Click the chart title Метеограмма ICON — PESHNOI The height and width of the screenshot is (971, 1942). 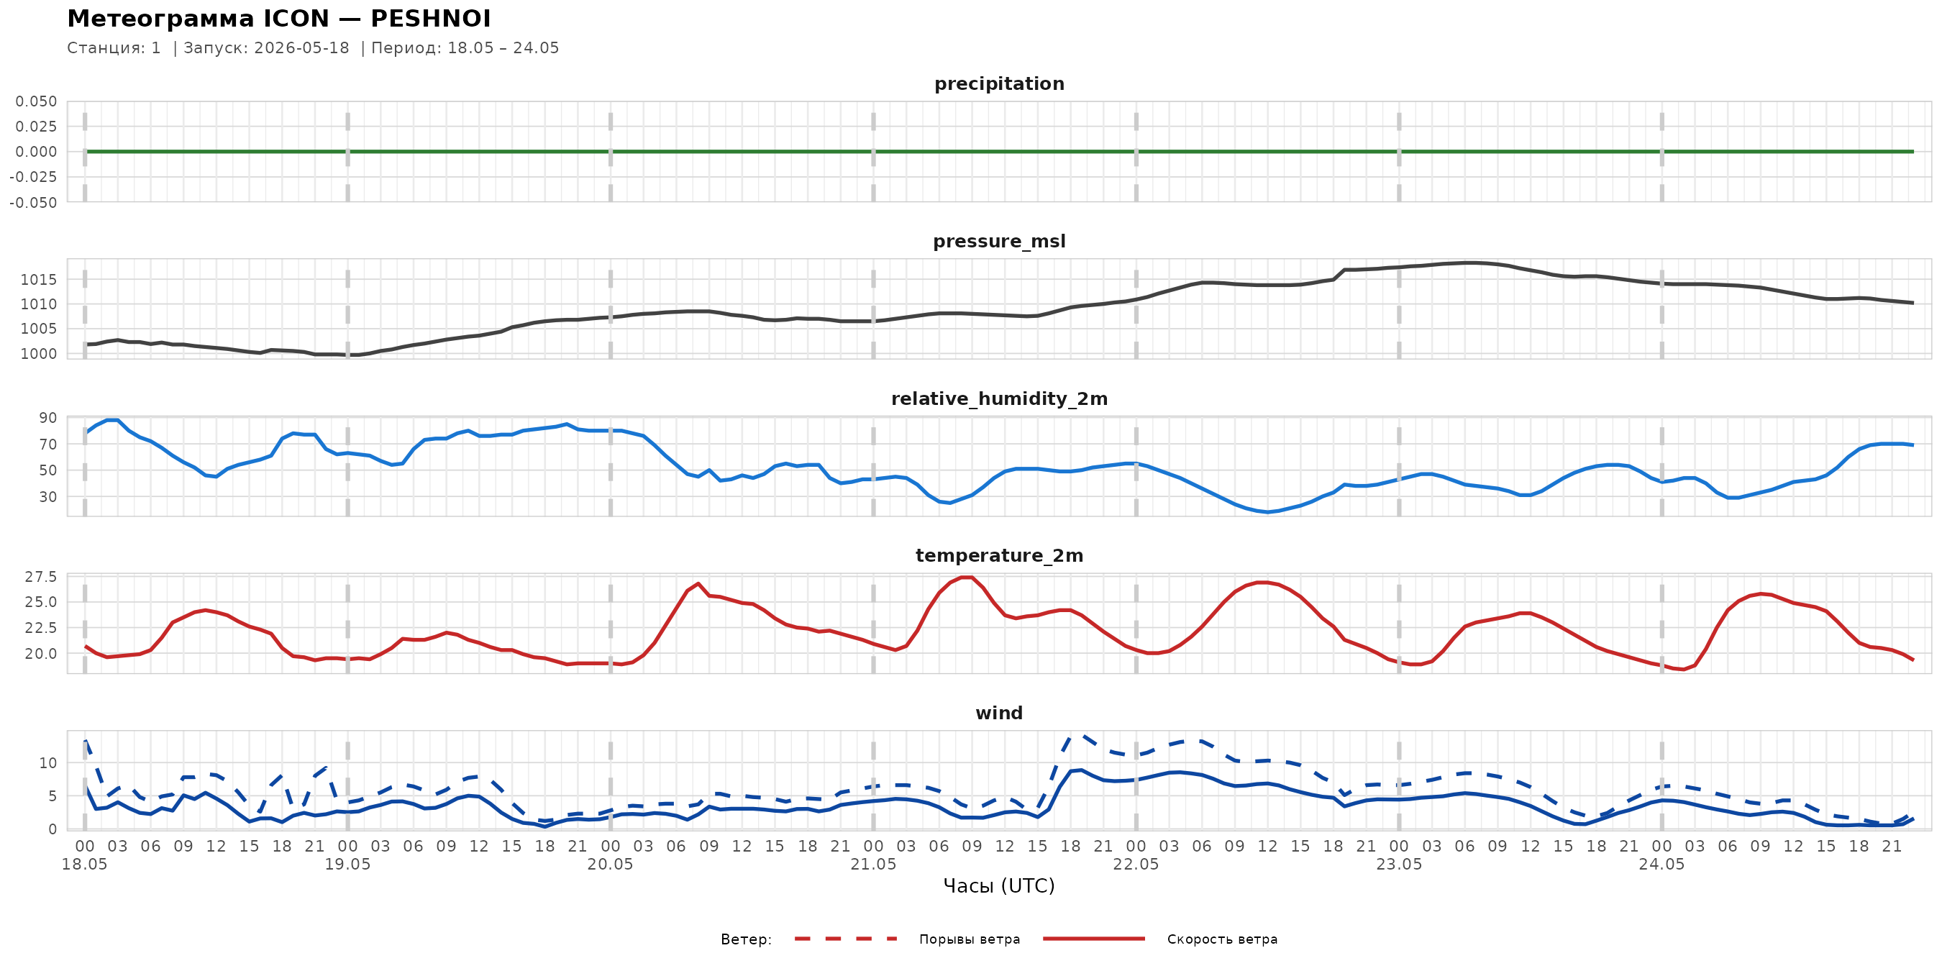[x=279, y=18]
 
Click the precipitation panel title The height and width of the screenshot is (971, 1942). [x=999, y=83]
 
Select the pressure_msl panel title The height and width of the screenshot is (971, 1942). [x=999, y=241]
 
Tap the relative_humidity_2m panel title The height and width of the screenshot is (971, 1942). [x=999, y=398]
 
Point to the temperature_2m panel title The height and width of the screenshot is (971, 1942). [x=999, y=555]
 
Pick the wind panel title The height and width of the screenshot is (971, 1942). [x=999, y=714]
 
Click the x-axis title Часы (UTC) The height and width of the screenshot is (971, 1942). [x=999, y=886]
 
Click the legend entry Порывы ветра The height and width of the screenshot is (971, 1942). [x=970, y=939]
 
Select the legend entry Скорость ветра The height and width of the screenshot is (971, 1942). [x=1222, y=939]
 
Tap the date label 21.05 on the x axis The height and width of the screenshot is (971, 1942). [x=873, y=865]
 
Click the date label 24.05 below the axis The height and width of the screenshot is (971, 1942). [x=1661, y=865]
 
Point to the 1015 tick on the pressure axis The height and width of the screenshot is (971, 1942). [x=38, y=280]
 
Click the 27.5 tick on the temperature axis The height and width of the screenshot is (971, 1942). [x=41, y=577]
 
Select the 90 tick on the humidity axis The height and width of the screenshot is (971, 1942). [x=48, y=418]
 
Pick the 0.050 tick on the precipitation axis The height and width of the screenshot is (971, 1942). [x=36, y=101]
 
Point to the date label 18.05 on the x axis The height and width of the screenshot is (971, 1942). [x=84, y=865]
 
